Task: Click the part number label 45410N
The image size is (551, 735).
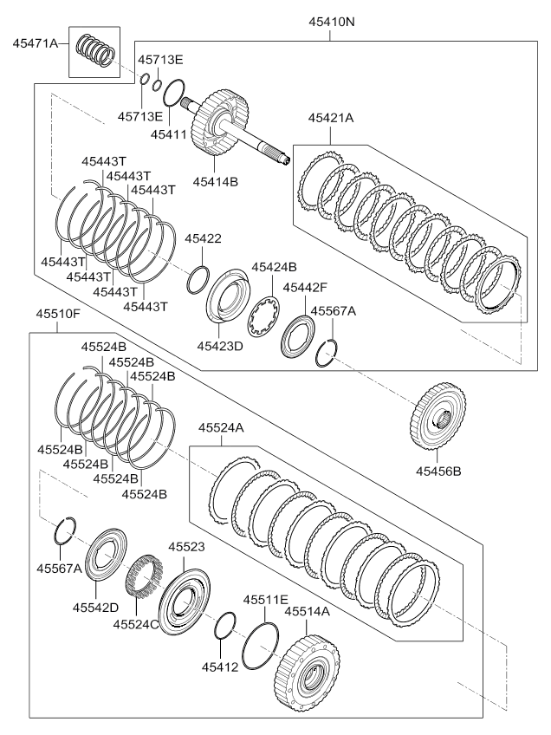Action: (331, 22)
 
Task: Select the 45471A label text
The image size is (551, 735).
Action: (36, 43)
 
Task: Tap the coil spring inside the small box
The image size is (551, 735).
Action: (95, 50)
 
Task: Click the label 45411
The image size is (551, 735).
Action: (168, 134)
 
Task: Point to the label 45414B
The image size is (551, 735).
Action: (216, 181)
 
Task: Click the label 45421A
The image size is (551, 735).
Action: (331, 118)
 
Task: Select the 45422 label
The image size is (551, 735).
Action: (203, 238)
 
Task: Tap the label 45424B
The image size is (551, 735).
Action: (274, 267)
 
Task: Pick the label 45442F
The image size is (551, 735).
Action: (305, 288)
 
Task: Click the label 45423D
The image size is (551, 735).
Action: (220, 346)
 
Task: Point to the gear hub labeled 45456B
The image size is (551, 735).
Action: (438, 417)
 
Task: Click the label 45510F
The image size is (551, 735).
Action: (59, 314)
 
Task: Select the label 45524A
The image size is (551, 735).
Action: (221, 427)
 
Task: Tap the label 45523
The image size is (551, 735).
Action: (187, 547)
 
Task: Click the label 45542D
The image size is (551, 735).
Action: (95, 608)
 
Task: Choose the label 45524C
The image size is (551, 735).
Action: (136, 624)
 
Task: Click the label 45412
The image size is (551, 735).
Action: (220, 666)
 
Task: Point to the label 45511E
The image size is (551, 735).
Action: (266, 600)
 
